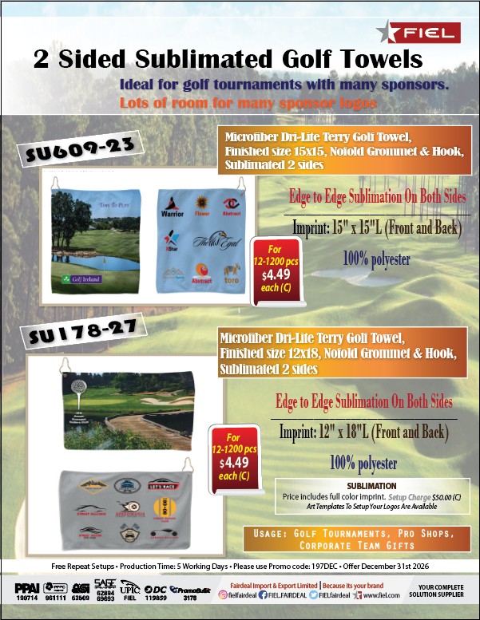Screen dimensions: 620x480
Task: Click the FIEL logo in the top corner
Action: coord(419,32)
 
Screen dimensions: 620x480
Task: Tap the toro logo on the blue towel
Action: coord(231,281)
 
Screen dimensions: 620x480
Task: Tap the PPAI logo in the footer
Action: coord(28,588)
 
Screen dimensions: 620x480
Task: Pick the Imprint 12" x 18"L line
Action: coord(363,433)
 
